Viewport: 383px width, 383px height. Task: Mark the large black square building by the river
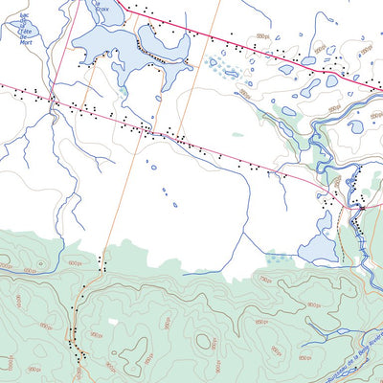coord(362,207)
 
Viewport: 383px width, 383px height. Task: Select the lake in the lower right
coord(319,246)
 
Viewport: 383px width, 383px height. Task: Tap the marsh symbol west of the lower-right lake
coord(278,256)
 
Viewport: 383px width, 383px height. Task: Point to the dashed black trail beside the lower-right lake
coord(341,239)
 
